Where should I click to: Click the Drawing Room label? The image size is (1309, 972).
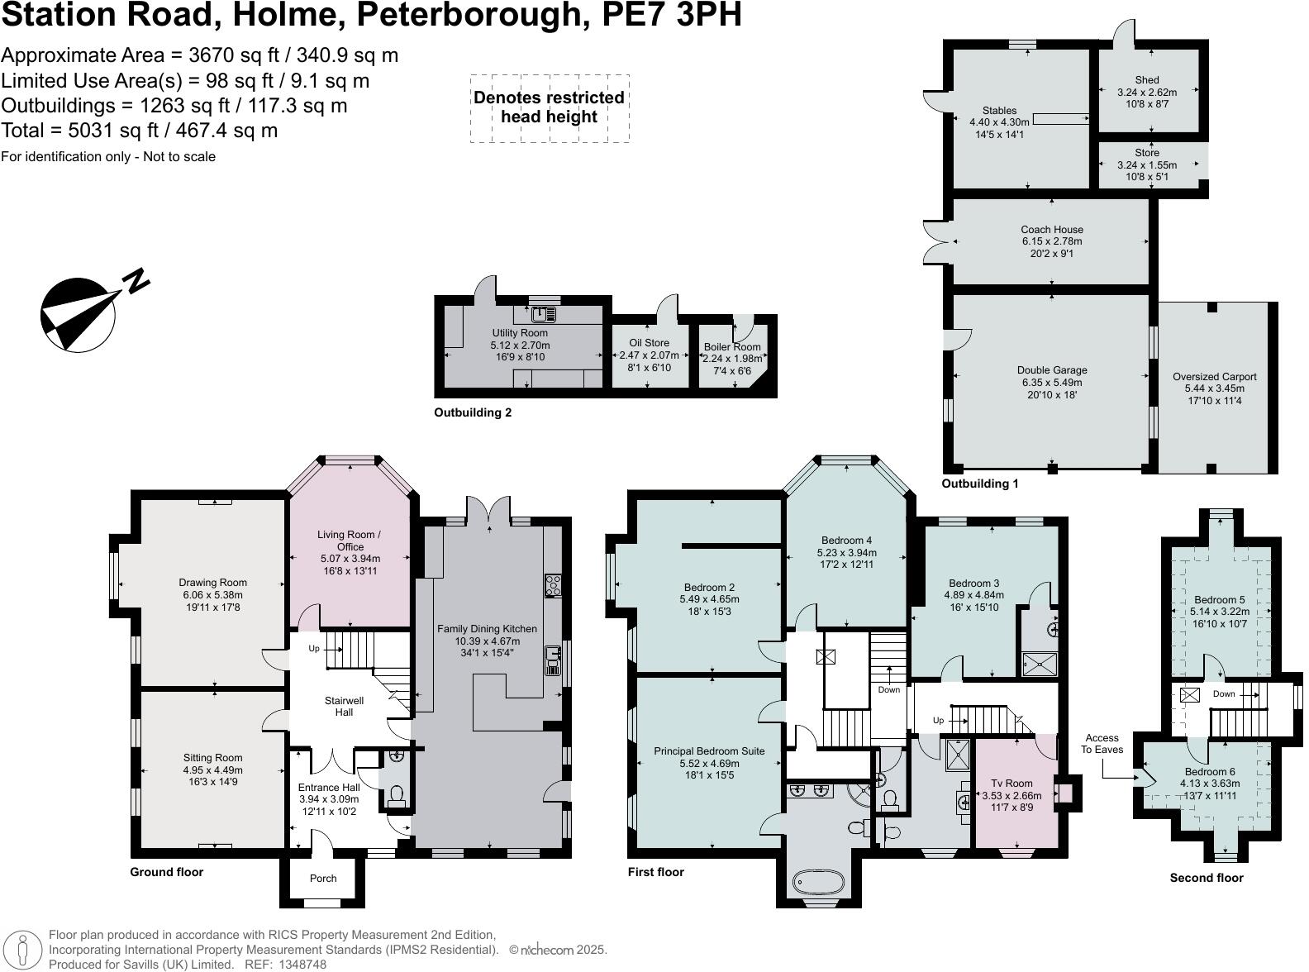coord(213,583)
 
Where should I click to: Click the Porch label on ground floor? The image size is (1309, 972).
coord(323,878)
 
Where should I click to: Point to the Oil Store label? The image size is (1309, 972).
coord(649,342)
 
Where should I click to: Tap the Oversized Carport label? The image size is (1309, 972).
coord(1214,377)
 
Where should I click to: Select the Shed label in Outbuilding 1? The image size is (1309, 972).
coord(1146,80)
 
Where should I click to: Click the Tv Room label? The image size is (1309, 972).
coord(1011,783)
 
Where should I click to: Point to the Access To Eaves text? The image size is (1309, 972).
coord(1102,744)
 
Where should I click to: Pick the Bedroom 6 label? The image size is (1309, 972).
coord(1209,771)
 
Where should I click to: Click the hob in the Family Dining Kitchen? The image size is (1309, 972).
coord(553,585)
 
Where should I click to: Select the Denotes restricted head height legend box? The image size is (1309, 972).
coord(550,108)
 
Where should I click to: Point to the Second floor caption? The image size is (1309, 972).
coord(1206,878)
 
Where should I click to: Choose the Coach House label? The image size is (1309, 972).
coord(1051,229)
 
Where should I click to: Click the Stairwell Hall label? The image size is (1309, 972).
coord(344,706)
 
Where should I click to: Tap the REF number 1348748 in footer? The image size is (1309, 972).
coord(302,964)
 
